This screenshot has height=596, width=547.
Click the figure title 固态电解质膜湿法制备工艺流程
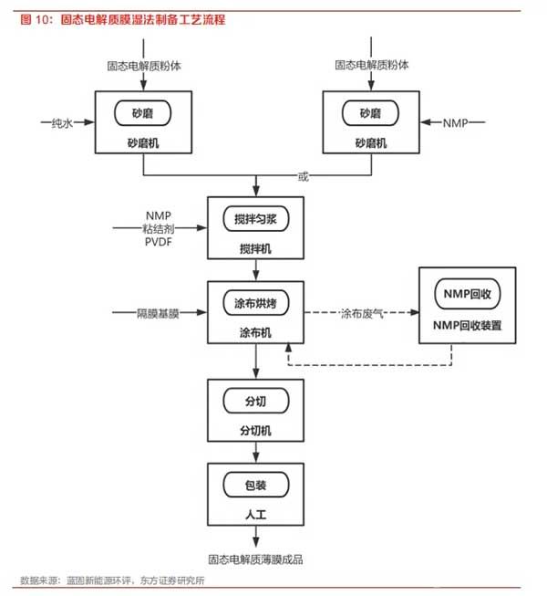tap(143, 20)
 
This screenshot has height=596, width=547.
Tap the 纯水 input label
tap(62, 123)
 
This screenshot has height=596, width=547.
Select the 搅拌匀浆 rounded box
tap(256, 219)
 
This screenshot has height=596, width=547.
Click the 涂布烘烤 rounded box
tap(256, 303)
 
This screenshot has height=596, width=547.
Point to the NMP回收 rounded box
tap(468, 294)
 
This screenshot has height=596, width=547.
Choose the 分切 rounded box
tap(256, 401)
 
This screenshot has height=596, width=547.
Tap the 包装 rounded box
tap(256, 485)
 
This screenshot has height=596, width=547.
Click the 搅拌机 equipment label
tap(255, 249)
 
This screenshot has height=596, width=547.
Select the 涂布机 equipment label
tap(255, 333)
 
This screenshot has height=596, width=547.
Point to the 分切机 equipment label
tap(255, 431)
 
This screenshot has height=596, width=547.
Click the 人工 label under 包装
tap(255, 515)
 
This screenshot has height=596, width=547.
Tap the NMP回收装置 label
tap(468, 325)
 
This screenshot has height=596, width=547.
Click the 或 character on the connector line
tap(303, 177)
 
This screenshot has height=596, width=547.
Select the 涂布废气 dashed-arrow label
tap(362, 314)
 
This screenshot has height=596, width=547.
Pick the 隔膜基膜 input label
tap(158, 314)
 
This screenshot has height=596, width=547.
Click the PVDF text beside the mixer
tap(159, 242)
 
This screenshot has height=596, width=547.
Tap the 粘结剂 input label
tap(159, 229)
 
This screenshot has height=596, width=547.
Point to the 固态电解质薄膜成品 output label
tap(255, 559)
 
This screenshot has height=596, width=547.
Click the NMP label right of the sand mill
tap(455, 123)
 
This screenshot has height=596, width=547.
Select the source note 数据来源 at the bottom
tap(112, 580)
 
